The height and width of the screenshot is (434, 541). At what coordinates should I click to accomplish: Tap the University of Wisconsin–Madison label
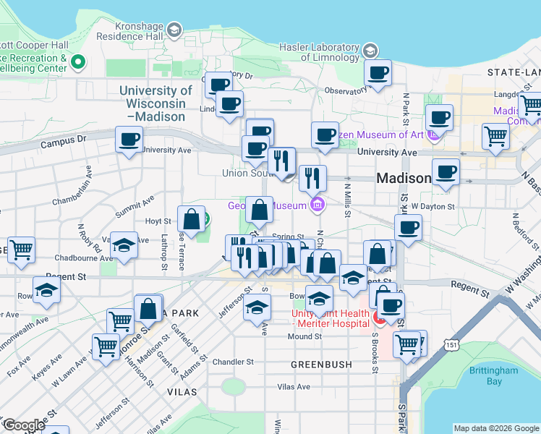pyautogui.click(x=156, y=97)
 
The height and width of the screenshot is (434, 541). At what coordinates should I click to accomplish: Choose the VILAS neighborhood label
pyautogui.click(x=182, y=391)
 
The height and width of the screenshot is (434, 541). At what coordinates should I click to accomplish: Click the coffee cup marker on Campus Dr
pyautogui.click(x=129, y=138)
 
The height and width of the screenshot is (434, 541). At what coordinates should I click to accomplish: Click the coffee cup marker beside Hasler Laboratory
pyautogui.click(x=378, y=72)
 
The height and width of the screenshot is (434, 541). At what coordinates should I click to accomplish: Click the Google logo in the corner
pyautogui.click(x=24, y=425)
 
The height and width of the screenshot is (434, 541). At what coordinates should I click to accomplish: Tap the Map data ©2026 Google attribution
pyautogui.click(x=495, y=428)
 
